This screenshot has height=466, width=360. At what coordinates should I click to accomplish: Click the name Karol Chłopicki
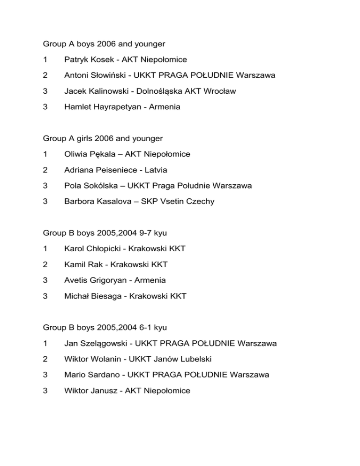coord(91,248)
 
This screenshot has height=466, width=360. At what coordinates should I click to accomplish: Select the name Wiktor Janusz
coord(90,391)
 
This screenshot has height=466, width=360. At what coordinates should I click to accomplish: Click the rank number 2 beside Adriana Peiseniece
coord(45,170)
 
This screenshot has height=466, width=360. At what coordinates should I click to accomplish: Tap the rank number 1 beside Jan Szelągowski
coord(45,343)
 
